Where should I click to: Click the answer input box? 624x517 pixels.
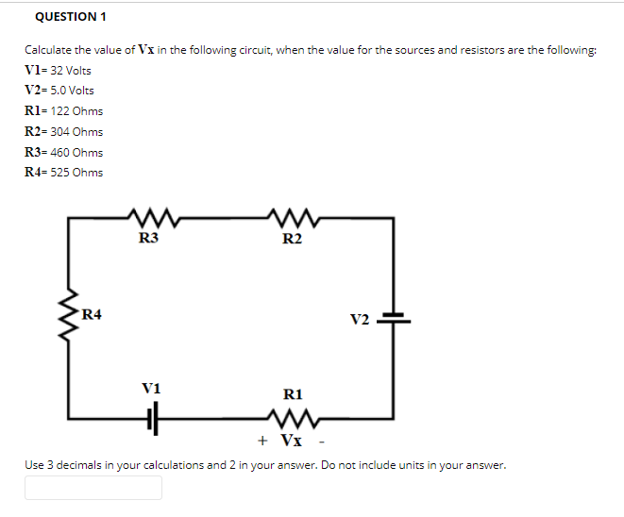point(93,487)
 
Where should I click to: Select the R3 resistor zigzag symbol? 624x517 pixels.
point(149,220)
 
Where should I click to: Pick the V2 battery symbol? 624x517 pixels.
point(393,318)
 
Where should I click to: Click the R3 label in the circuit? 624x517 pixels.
point(148,240)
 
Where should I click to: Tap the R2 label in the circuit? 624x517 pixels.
point(292,240)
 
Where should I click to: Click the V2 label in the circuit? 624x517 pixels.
point(360,319)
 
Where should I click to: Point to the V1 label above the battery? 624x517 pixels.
point(151,388)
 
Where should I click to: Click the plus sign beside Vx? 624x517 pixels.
point(263,440)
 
